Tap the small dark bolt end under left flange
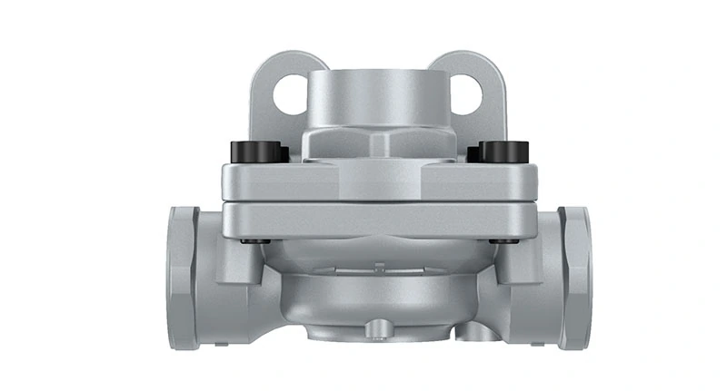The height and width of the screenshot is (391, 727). point(252,241)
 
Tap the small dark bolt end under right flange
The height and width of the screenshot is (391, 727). point(498,241)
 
